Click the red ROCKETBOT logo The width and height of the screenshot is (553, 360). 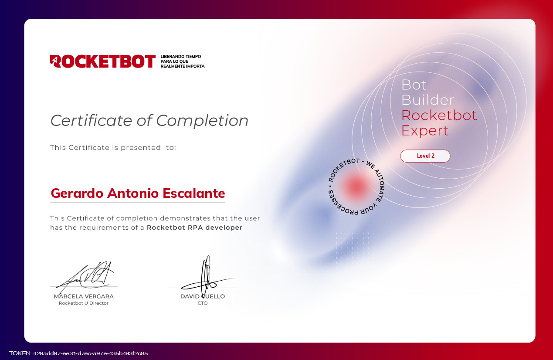[103, 61]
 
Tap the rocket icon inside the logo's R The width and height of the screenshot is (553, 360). [56, 61]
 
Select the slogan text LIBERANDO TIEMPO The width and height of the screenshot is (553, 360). [181, 57]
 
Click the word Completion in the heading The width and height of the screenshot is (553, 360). [202, 121]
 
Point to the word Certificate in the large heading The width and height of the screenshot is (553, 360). [92, 120]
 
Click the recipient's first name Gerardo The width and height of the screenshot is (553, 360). [77, 194]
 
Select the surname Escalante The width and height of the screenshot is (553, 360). [194, 193]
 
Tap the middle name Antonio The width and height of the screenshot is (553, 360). [133, 193]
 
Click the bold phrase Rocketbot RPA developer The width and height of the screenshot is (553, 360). [194, 228]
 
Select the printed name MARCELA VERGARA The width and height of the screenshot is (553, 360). [84, 296]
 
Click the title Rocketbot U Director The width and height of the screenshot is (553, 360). [84, 303]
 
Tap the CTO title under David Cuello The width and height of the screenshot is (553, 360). [203, 303]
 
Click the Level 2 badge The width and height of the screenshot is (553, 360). [425, 156]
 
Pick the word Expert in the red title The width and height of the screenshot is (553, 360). [425, 131]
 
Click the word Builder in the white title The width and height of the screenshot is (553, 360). [427, 100]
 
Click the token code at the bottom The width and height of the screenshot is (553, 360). [78, 353]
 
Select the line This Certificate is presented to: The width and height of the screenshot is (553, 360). [113, 148]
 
